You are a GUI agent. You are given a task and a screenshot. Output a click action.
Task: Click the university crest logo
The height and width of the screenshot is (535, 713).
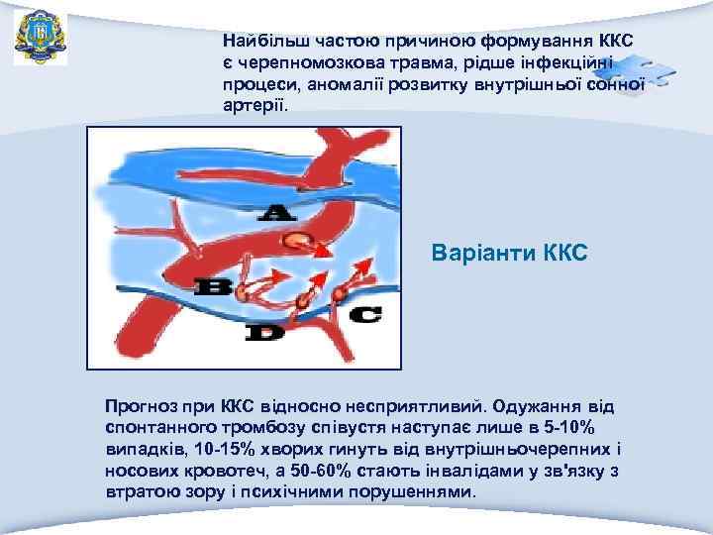[x=41, y=37]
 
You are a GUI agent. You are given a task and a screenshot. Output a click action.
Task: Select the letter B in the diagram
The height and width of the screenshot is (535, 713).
[x=214, y=288]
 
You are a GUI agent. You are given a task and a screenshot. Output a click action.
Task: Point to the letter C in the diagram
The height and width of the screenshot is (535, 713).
[x=363, y=315]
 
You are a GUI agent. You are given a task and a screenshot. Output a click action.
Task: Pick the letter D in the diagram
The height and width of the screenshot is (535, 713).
[x=263, y=334]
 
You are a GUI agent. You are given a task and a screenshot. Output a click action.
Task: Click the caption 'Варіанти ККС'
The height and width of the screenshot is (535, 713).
[x=510, y=254]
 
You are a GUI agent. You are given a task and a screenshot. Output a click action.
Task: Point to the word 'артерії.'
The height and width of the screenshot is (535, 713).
[x=257, y=104]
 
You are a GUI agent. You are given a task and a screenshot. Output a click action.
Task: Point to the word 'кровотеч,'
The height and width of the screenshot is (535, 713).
[x=220, y=471]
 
